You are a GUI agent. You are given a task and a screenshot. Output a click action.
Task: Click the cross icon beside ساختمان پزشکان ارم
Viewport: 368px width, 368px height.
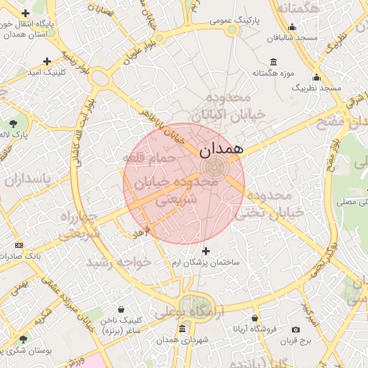point(207,251)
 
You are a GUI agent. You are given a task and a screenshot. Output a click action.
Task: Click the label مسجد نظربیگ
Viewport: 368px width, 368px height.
point(316,88)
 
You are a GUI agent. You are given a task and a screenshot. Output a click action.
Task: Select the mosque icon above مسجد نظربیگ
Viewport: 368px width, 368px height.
point(316,77)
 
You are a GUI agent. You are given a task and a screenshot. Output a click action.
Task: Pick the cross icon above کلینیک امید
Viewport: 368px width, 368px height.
point(47,61)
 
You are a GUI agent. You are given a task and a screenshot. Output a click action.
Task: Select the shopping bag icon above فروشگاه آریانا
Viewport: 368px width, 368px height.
point(254,318)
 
